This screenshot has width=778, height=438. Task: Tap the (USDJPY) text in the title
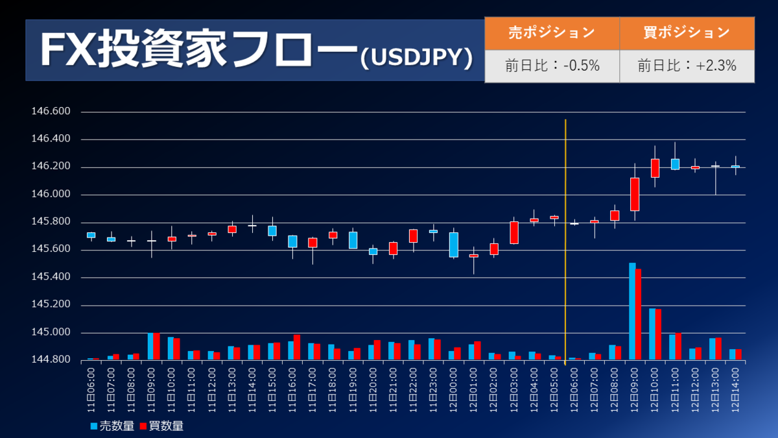tap(415, 57)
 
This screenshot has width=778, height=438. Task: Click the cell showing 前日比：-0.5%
tap(552, 66)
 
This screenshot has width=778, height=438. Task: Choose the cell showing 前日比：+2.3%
tap(687, 66)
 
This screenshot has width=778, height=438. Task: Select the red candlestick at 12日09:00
tap(635, 194)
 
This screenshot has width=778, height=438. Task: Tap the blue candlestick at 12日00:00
tap(454, 245)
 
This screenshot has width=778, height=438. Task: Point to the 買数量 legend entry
tap(161, 426)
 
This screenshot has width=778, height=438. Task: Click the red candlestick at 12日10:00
tap(655, 167)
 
